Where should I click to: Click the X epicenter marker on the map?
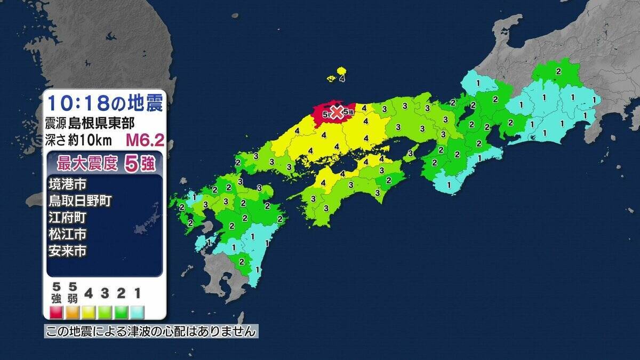click(x=337, y=112)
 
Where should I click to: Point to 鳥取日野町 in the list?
click(x=80, y=202)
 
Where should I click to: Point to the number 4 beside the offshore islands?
click(x=342, y=78)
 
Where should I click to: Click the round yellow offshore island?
click(x=341, y=70)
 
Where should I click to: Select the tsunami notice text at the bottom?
click(x=151, y=332)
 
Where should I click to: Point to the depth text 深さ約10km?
click(x=81, y=140)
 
